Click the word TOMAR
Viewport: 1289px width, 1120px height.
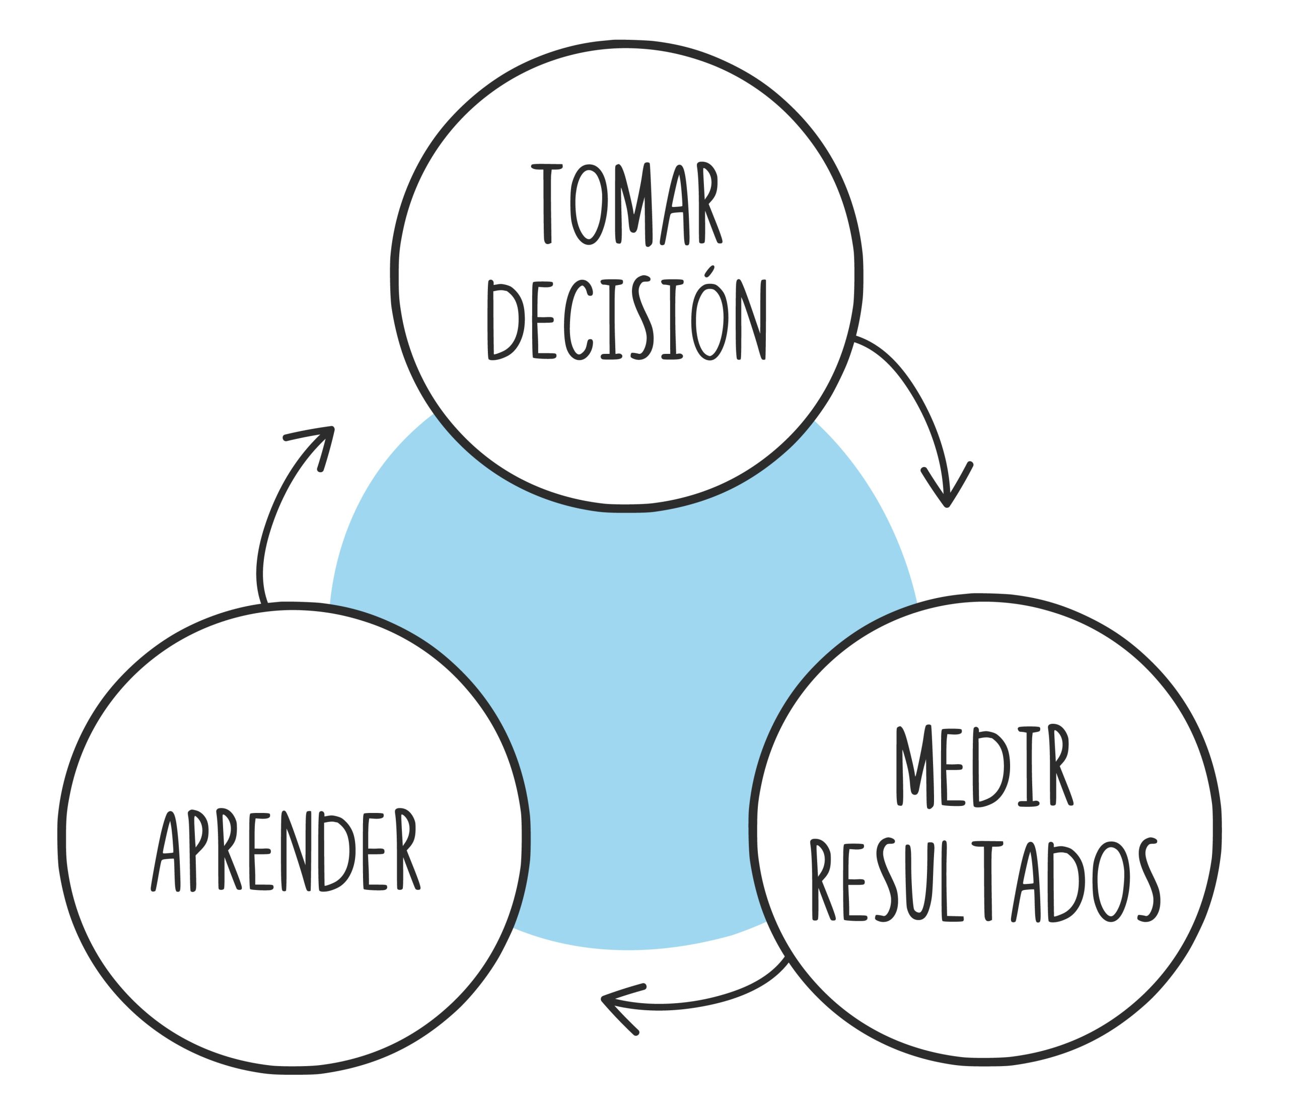(x=626, y=204)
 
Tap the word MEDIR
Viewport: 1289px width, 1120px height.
(x=984, y=766)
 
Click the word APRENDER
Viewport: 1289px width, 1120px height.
(x=285, y=851)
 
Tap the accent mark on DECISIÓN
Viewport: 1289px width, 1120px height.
(x=709, y=271)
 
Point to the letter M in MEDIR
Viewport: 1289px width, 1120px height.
(x=914, y=766)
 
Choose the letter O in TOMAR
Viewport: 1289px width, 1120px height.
(x=588, y=205)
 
